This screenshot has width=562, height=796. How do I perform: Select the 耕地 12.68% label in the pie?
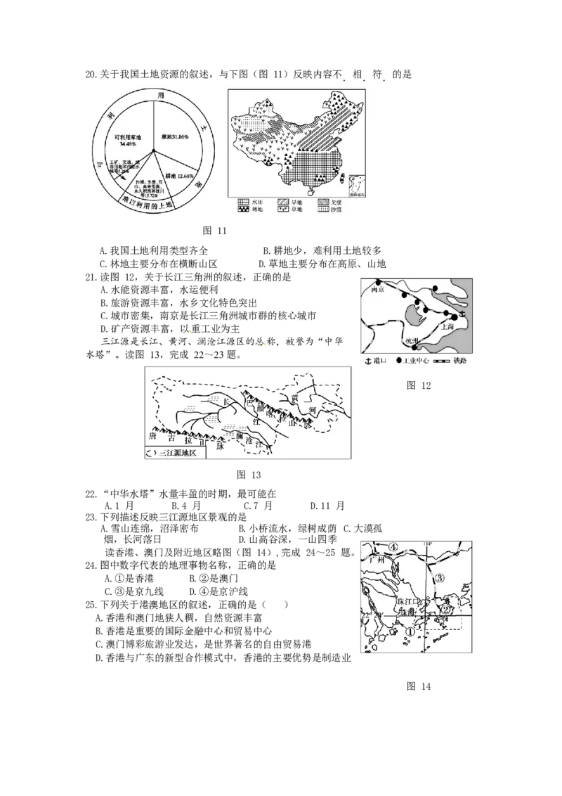[x=176, y=175]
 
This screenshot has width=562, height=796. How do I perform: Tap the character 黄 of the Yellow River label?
[x=303, y=398]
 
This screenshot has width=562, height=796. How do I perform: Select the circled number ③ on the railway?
[x=440, y=577]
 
